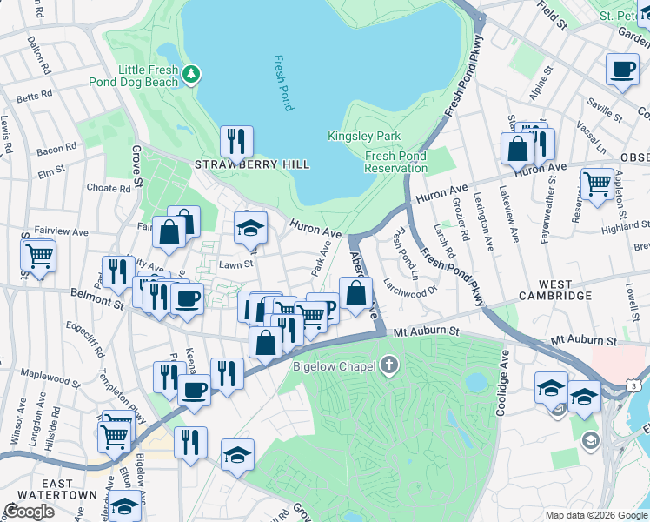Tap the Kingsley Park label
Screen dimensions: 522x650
pos(364,136)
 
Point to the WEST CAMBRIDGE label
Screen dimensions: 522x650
pos(554,291)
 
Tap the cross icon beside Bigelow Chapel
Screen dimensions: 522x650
pos(388,365)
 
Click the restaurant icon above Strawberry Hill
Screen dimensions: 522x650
pos(235,140)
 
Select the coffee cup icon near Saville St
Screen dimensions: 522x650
pos(621,70)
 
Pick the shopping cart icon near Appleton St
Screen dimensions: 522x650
pos(597,184)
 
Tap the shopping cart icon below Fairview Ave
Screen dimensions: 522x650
pos(39,256)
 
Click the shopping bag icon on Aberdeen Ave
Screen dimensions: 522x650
pos(355,293)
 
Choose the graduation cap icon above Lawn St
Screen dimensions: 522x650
pos(250,228)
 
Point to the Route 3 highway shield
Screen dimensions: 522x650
pos(637,385)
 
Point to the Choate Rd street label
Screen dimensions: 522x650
pos(108,187)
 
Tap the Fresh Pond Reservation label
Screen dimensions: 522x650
pos(395,162)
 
